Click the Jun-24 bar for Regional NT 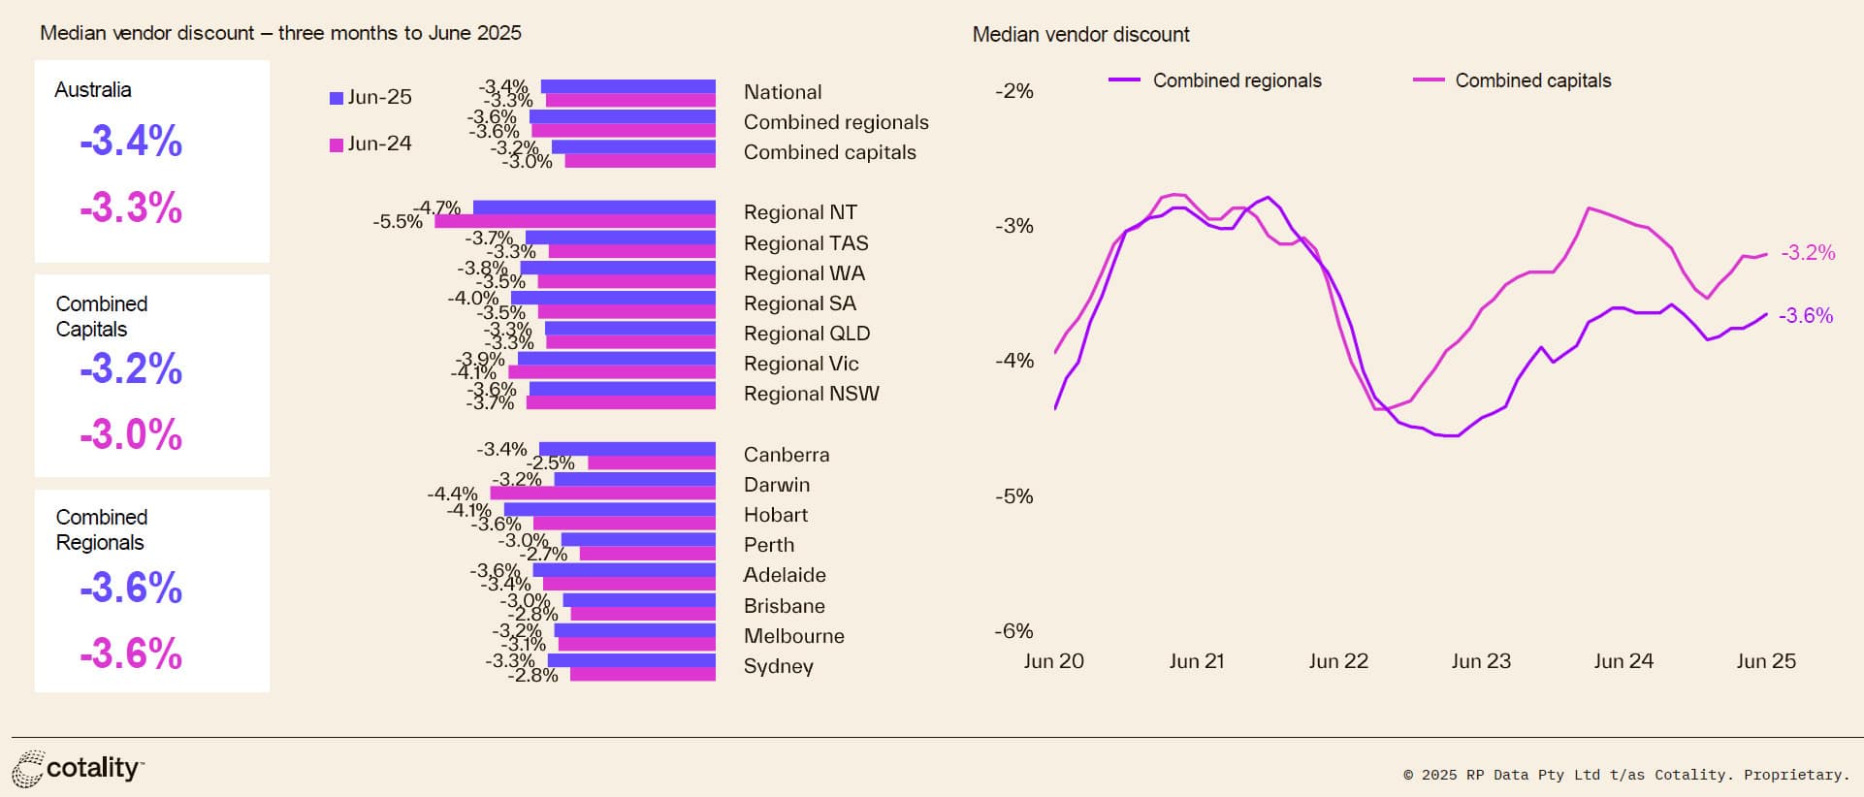574,222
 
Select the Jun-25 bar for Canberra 627,449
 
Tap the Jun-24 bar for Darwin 602,494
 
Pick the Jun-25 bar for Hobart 609,509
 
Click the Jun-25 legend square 337,98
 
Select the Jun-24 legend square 337,144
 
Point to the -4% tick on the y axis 1013,361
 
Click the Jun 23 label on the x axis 1480,661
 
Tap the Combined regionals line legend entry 1216,80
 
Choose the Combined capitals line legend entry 1513,80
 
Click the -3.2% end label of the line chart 1808,253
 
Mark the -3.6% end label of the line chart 1806,316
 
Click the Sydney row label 778,666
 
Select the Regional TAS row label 805,243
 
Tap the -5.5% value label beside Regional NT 398,222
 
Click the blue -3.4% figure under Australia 131,142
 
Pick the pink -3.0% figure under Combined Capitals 131,434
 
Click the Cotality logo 79,769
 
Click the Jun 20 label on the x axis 1053,661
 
